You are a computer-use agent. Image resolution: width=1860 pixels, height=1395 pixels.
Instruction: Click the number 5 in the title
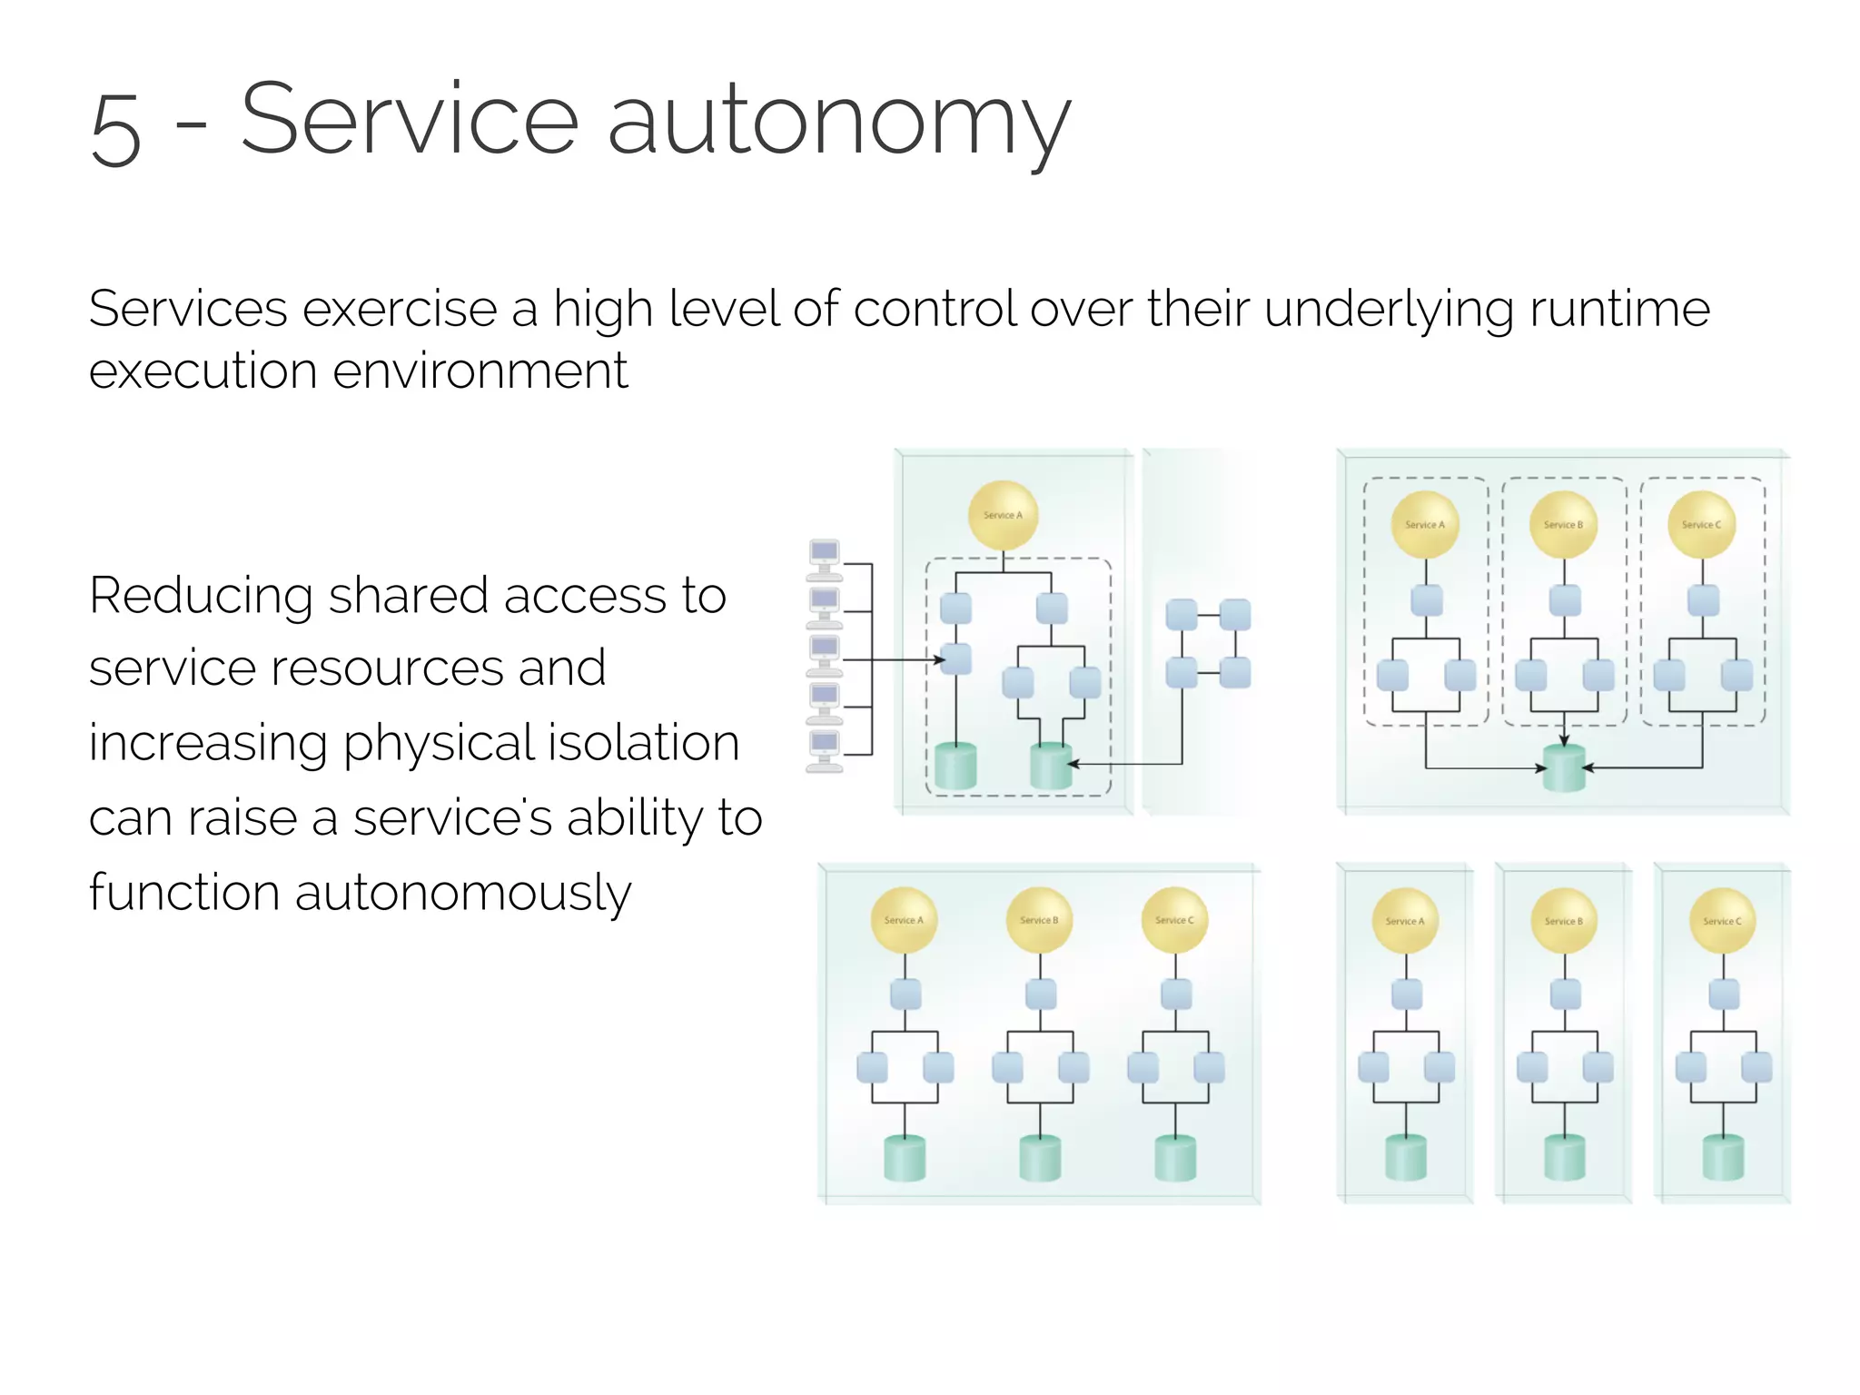click(x=116, y=130)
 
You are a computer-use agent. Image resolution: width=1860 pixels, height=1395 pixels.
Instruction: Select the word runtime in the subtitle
click(x=1619, y=309)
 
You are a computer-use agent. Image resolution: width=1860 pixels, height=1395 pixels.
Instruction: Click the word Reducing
click(x=200, y=597)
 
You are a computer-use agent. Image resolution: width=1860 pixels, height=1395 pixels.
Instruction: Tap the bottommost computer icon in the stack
click(x=825, y=750)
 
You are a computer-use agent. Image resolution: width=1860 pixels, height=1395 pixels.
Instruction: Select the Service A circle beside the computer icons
click(x=1003, y=515)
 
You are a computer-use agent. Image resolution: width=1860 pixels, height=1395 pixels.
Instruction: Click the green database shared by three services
click(x=1564, y=768)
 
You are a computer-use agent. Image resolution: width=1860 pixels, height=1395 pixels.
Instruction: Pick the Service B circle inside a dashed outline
click(x=1563, y=525)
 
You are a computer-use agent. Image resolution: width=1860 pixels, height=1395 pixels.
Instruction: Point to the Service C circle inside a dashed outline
click(x=1701, y=525)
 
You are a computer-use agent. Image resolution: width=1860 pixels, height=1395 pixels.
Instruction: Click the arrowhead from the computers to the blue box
click(x=940, y=660)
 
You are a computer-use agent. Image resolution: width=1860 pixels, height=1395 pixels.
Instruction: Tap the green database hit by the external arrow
click(x=1051, y=766)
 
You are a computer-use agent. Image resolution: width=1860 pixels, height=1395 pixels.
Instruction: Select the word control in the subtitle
click(x=935, y=309)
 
